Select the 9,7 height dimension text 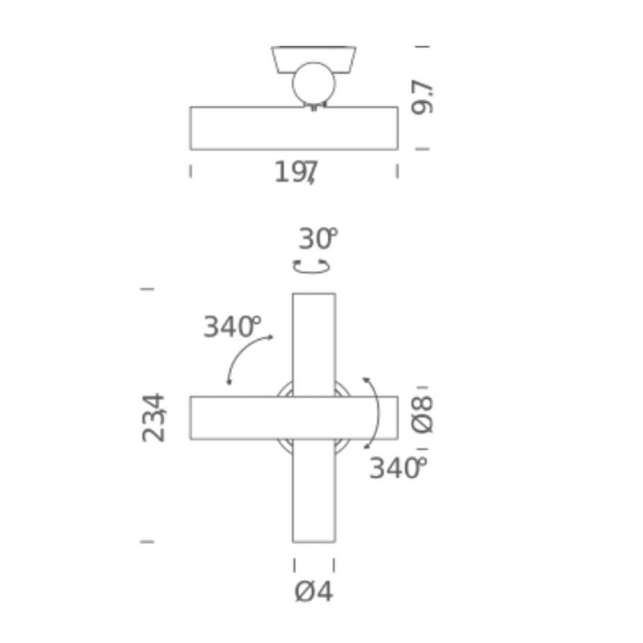[422, 97]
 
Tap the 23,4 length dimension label [154, 417]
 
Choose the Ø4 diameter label [313, 592]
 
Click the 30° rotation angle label [317, 239]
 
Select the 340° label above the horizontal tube [231, 327]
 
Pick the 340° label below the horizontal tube [396, 468]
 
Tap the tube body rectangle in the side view [241, 129]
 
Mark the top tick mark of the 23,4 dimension [146, 288]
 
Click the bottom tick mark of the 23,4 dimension [146, 542]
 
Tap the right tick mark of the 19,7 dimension [397, 170]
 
